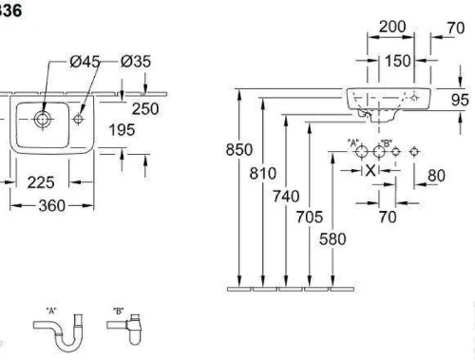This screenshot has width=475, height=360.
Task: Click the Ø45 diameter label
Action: click(85, 62)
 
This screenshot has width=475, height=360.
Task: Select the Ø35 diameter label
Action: click(136, 62)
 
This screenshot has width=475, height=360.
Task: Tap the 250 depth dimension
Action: click(145, 109)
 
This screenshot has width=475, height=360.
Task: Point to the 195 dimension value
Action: click(122, 130)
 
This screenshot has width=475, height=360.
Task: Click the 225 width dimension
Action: click(41, 182)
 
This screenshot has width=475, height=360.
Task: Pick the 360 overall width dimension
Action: click(52, 206)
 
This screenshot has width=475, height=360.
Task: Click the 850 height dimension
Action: click(239, 149)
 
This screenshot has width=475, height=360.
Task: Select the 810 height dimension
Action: click(263, 174)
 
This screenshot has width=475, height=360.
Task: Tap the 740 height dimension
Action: click(286, 197)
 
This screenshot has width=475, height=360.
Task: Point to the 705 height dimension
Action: click(310, 218)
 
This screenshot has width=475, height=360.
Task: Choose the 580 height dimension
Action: click(332, 239)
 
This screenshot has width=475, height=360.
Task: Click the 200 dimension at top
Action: click(392, 27)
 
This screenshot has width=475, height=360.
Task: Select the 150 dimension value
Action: click(398, 61)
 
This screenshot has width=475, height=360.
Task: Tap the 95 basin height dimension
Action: click(460, 100)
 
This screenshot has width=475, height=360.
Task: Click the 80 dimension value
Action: click(436, 176)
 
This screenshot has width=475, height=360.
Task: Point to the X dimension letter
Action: click(370, 171)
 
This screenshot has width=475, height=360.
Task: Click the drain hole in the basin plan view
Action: click(42, 119)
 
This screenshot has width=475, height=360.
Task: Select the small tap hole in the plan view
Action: click(78, 119)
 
